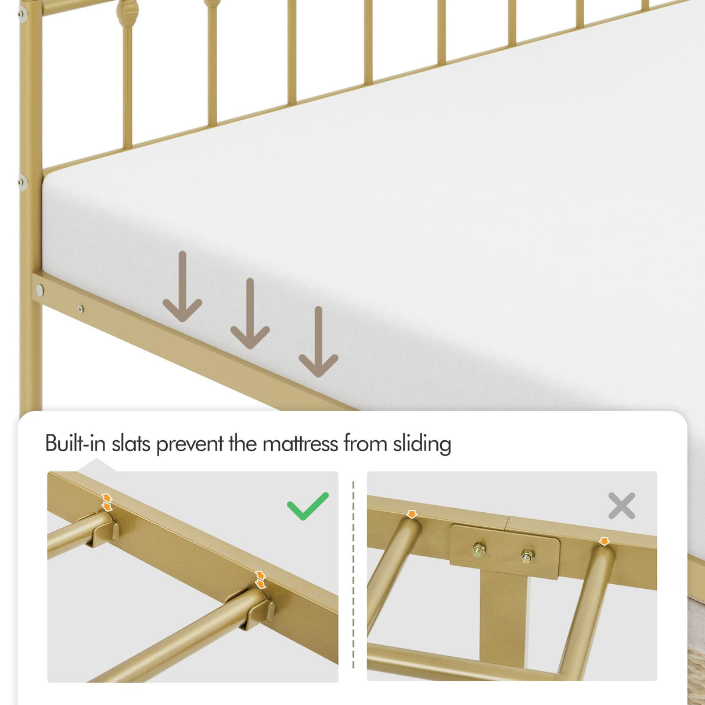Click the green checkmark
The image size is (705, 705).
307,506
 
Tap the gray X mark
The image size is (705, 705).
621,506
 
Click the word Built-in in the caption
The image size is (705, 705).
76,444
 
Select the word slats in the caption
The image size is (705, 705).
132,444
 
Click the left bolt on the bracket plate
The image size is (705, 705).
479,549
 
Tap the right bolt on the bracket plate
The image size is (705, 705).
527,556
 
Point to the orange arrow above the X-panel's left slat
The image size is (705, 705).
412,514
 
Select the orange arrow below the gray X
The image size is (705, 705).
604,541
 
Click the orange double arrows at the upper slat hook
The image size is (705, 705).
107,502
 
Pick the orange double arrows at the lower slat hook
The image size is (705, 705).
260,580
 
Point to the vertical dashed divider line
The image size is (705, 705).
353,575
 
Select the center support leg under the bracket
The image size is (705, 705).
502,616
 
